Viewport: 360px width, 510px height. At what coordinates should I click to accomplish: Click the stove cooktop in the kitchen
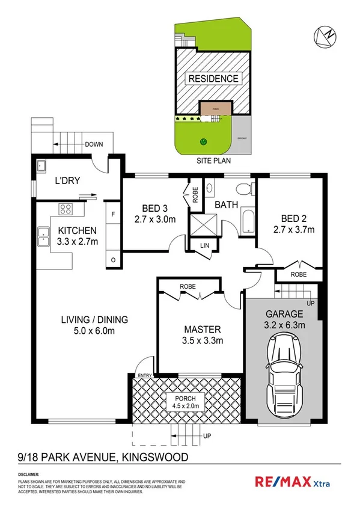click(x=66, y=210)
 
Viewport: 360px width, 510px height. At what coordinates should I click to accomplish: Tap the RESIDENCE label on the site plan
click(x=213, y=79)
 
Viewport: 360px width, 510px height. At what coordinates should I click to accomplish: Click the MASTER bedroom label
click(x=202, y=329)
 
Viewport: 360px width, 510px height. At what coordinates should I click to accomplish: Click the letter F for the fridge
click(x=113, y=212)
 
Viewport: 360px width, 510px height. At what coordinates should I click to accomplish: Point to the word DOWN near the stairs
click(x=94, y=144)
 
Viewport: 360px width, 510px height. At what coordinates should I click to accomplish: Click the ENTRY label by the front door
click(x=145, y=375)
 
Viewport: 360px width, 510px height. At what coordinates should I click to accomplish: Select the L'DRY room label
click(x=68, y=180)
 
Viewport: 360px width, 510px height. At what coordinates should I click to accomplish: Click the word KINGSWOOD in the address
click(x=155, y=457)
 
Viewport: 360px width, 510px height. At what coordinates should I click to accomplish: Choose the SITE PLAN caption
click(x=214, y=161)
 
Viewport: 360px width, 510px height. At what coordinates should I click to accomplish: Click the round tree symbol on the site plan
click(x=203, y=142)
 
